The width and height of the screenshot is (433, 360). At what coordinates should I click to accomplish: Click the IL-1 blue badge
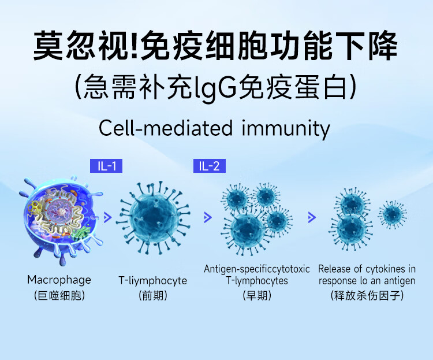click(x=106, y=166)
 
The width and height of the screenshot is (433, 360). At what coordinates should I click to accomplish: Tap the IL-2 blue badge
click(x=210, y=166)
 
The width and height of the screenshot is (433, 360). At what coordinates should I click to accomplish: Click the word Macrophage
click(x=59, y=280)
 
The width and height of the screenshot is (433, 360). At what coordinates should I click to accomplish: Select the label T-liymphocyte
click(x=153, y=281)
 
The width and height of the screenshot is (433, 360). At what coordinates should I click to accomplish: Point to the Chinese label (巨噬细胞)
click(x=59, y=296)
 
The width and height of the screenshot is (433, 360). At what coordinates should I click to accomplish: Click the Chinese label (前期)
click(x=153, y=296)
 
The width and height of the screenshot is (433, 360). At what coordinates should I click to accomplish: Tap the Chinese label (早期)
click(x=257, y=296)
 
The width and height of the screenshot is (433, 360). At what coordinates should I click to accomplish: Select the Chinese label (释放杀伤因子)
click(x=367, y=296)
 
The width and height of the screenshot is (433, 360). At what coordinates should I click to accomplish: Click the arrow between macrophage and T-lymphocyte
click(x=108, y=218)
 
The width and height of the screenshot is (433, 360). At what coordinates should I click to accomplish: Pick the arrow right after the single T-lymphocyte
click(x=208, y=218)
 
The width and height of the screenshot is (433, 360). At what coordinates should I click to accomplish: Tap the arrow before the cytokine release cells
click(x=312, y=218)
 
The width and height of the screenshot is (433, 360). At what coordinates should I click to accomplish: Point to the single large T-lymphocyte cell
click(x=154, y=218)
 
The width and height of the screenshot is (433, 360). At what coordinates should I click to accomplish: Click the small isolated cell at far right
click(x=392, y=214)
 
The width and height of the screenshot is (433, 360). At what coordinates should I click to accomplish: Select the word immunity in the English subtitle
click(x=286, y=129)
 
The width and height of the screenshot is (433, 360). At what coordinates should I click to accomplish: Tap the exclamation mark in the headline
click(x=135, y=46)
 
